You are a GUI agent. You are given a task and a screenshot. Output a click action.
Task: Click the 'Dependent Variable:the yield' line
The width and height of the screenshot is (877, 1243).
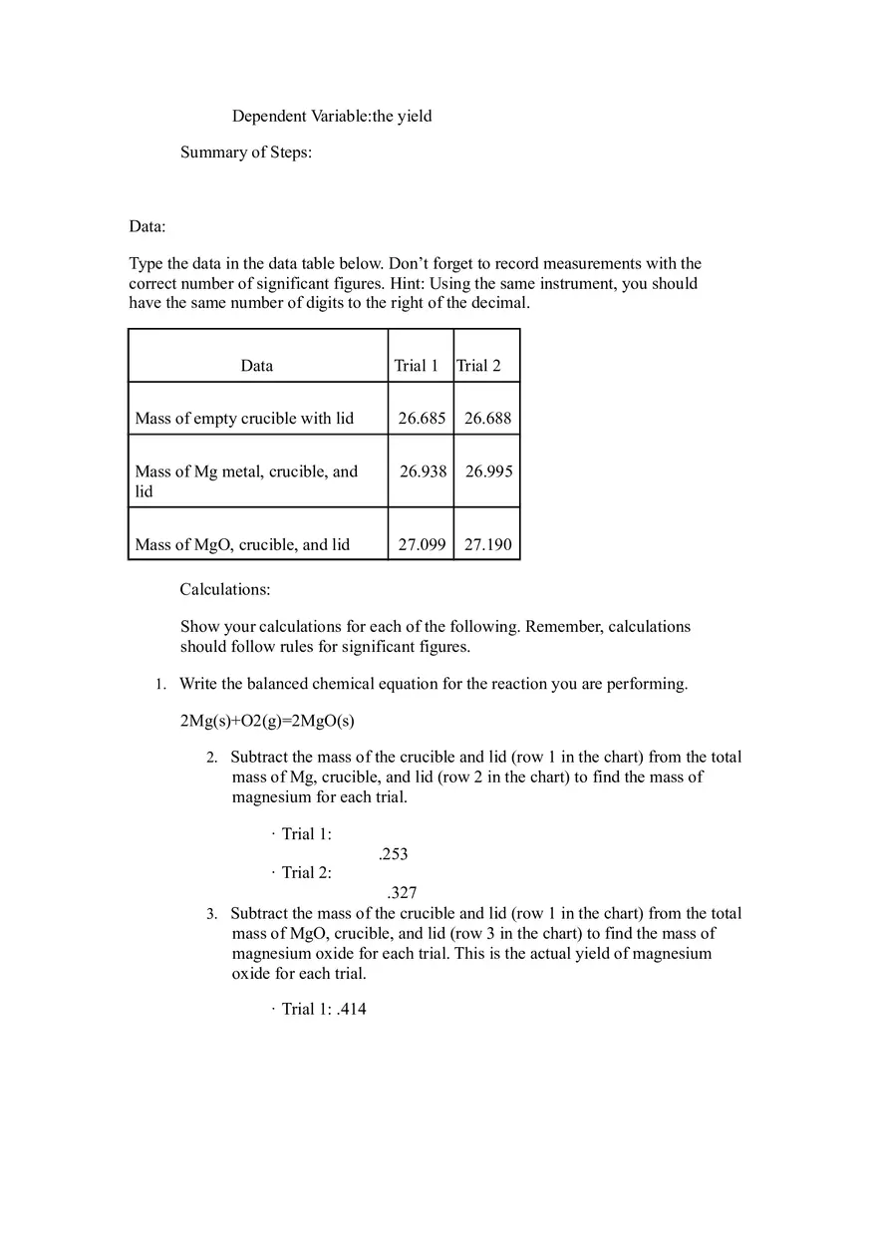[x=332, y=117]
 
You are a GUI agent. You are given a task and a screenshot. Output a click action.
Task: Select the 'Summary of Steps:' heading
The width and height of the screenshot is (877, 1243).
[x=245, y=153]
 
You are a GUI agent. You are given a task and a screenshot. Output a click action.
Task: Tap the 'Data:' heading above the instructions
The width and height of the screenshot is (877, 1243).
[x=146, y=227]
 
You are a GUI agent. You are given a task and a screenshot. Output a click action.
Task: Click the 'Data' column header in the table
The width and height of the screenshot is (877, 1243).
[x=257, y=366]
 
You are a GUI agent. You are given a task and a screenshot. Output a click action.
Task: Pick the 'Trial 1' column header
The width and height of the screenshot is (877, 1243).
[x=417, y=366]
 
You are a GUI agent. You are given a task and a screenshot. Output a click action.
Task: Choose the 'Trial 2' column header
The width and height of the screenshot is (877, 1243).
[x=479, y=366]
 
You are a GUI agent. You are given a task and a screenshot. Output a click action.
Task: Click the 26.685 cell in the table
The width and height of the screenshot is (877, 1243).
[x=422, y=419]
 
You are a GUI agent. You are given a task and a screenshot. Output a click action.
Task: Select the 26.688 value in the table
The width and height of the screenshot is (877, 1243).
[x=487, y=419]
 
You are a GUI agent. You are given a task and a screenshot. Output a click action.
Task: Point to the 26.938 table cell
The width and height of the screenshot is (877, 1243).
[x=423, y=471]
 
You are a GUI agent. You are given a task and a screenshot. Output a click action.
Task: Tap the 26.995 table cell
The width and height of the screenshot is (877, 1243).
[x=488, y=471]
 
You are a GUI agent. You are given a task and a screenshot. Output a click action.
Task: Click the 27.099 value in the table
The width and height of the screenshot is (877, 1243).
[x=422, y=545]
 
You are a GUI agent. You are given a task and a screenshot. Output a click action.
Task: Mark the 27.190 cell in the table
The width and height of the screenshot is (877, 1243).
[x=487, y=545]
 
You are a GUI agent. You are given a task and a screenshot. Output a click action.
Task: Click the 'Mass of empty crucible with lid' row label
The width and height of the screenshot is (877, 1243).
[x=244, y=419]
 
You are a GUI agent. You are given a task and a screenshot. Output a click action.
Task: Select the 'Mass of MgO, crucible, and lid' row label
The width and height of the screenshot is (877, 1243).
[x=242, y=545]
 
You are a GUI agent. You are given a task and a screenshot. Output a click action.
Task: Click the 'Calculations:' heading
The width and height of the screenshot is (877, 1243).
[x=224, y=590]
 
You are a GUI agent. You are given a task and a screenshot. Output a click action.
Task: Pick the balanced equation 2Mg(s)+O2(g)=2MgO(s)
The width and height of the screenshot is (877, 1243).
[x=267, y=722]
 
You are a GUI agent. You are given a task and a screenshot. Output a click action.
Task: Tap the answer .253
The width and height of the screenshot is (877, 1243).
[x=393, y=854]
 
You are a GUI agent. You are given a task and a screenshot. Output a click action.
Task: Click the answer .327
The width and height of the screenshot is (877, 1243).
[x=402, y=893]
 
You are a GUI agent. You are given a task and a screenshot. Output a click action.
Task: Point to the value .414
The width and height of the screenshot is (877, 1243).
[x=352, y=1010]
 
